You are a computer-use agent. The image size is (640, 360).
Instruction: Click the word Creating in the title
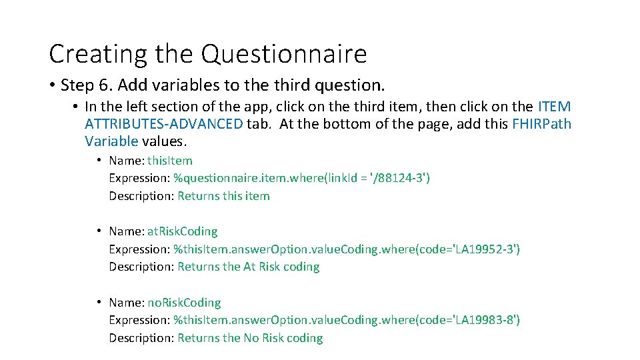tap(99, 54)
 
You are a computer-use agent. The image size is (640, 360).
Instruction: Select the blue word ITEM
tap(554, 107)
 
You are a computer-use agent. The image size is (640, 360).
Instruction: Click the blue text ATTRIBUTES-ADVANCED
tap(164, 124)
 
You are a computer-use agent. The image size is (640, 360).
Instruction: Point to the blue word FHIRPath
tap(541, 124)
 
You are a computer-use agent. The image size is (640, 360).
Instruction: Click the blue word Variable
tap(111, 141)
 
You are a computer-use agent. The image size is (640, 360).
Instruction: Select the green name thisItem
tap(170, 161)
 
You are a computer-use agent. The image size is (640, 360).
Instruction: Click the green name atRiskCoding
tap(182, 231)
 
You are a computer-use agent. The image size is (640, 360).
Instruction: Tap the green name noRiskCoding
tap(184, 303)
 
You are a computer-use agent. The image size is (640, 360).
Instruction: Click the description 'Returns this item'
tap(223, 196)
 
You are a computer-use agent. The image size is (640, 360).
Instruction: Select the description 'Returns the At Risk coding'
tap(248, 267)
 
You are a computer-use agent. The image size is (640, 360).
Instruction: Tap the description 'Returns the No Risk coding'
tap(249, 338)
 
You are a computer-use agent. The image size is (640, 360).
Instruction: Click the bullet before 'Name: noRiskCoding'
tap(98, 303)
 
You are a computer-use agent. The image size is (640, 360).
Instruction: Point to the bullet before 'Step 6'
tap(51, 85)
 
